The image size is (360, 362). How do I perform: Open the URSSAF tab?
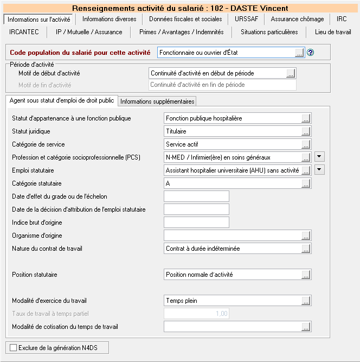click(x=247, y=19)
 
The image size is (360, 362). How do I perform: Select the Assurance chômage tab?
click(x=297, y=19)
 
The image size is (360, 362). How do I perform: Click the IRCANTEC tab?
click(x=24, y=32)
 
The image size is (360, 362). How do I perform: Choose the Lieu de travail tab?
click(x=333, y=32)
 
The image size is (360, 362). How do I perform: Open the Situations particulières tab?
click(x=269, y=32)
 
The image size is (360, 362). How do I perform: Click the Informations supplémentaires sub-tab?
click(x=157, y=101)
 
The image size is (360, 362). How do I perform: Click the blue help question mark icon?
click(x=311, y=53)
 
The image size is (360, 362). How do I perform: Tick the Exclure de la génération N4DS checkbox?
click(x=14, y=347)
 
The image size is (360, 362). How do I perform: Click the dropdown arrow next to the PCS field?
click(x=319, y=157)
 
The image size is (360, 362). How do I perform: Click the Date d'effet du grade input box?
click(x=196, y=196)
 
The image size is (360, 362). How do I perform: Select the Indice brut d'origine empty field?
click(x=196, y=222)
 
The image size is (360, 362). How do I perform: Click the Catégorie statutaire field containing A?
click(x=232, y=183)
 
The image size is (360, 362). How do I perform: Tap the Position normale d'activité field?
click(x=232, y=275)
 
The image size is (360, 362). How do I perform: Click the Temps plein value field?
click(x=232, y=301)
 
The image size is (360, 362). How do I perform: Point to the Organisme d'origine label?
click(x=37, y=236)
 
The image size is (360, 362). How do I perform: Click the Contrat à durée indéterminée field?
click(x=232, y=249)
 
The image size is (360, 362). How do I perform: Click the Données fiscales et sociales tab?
click(x=185, y=19)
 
